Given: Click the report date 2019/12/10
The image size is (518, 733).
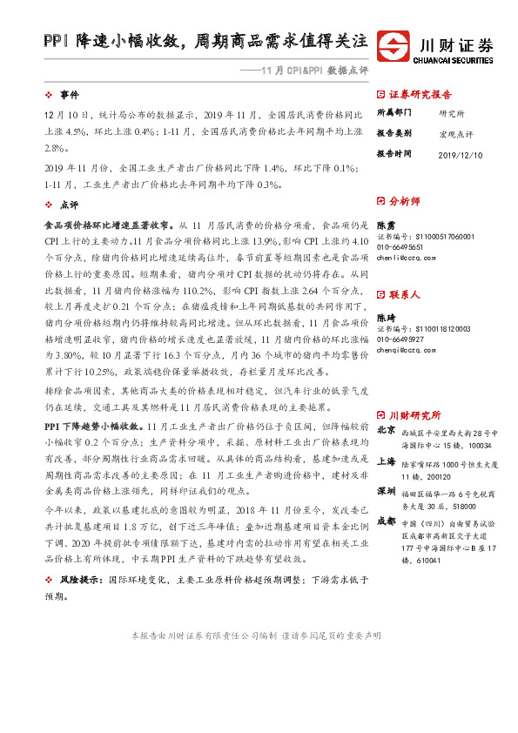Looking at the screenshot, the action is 460,153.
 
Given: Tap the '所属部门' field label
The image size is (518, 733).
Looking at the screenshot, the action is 394,113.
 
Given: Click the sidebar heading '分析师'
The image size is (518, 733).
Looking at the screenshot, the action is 404,200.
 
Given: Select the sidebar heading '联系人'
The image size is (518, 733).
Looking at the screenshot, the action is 404,295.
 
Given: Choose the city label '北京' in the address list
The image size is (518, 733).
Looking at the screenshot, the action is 386,429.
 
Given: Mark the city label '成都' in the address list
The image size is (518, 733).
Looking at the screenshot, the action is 386,521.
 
